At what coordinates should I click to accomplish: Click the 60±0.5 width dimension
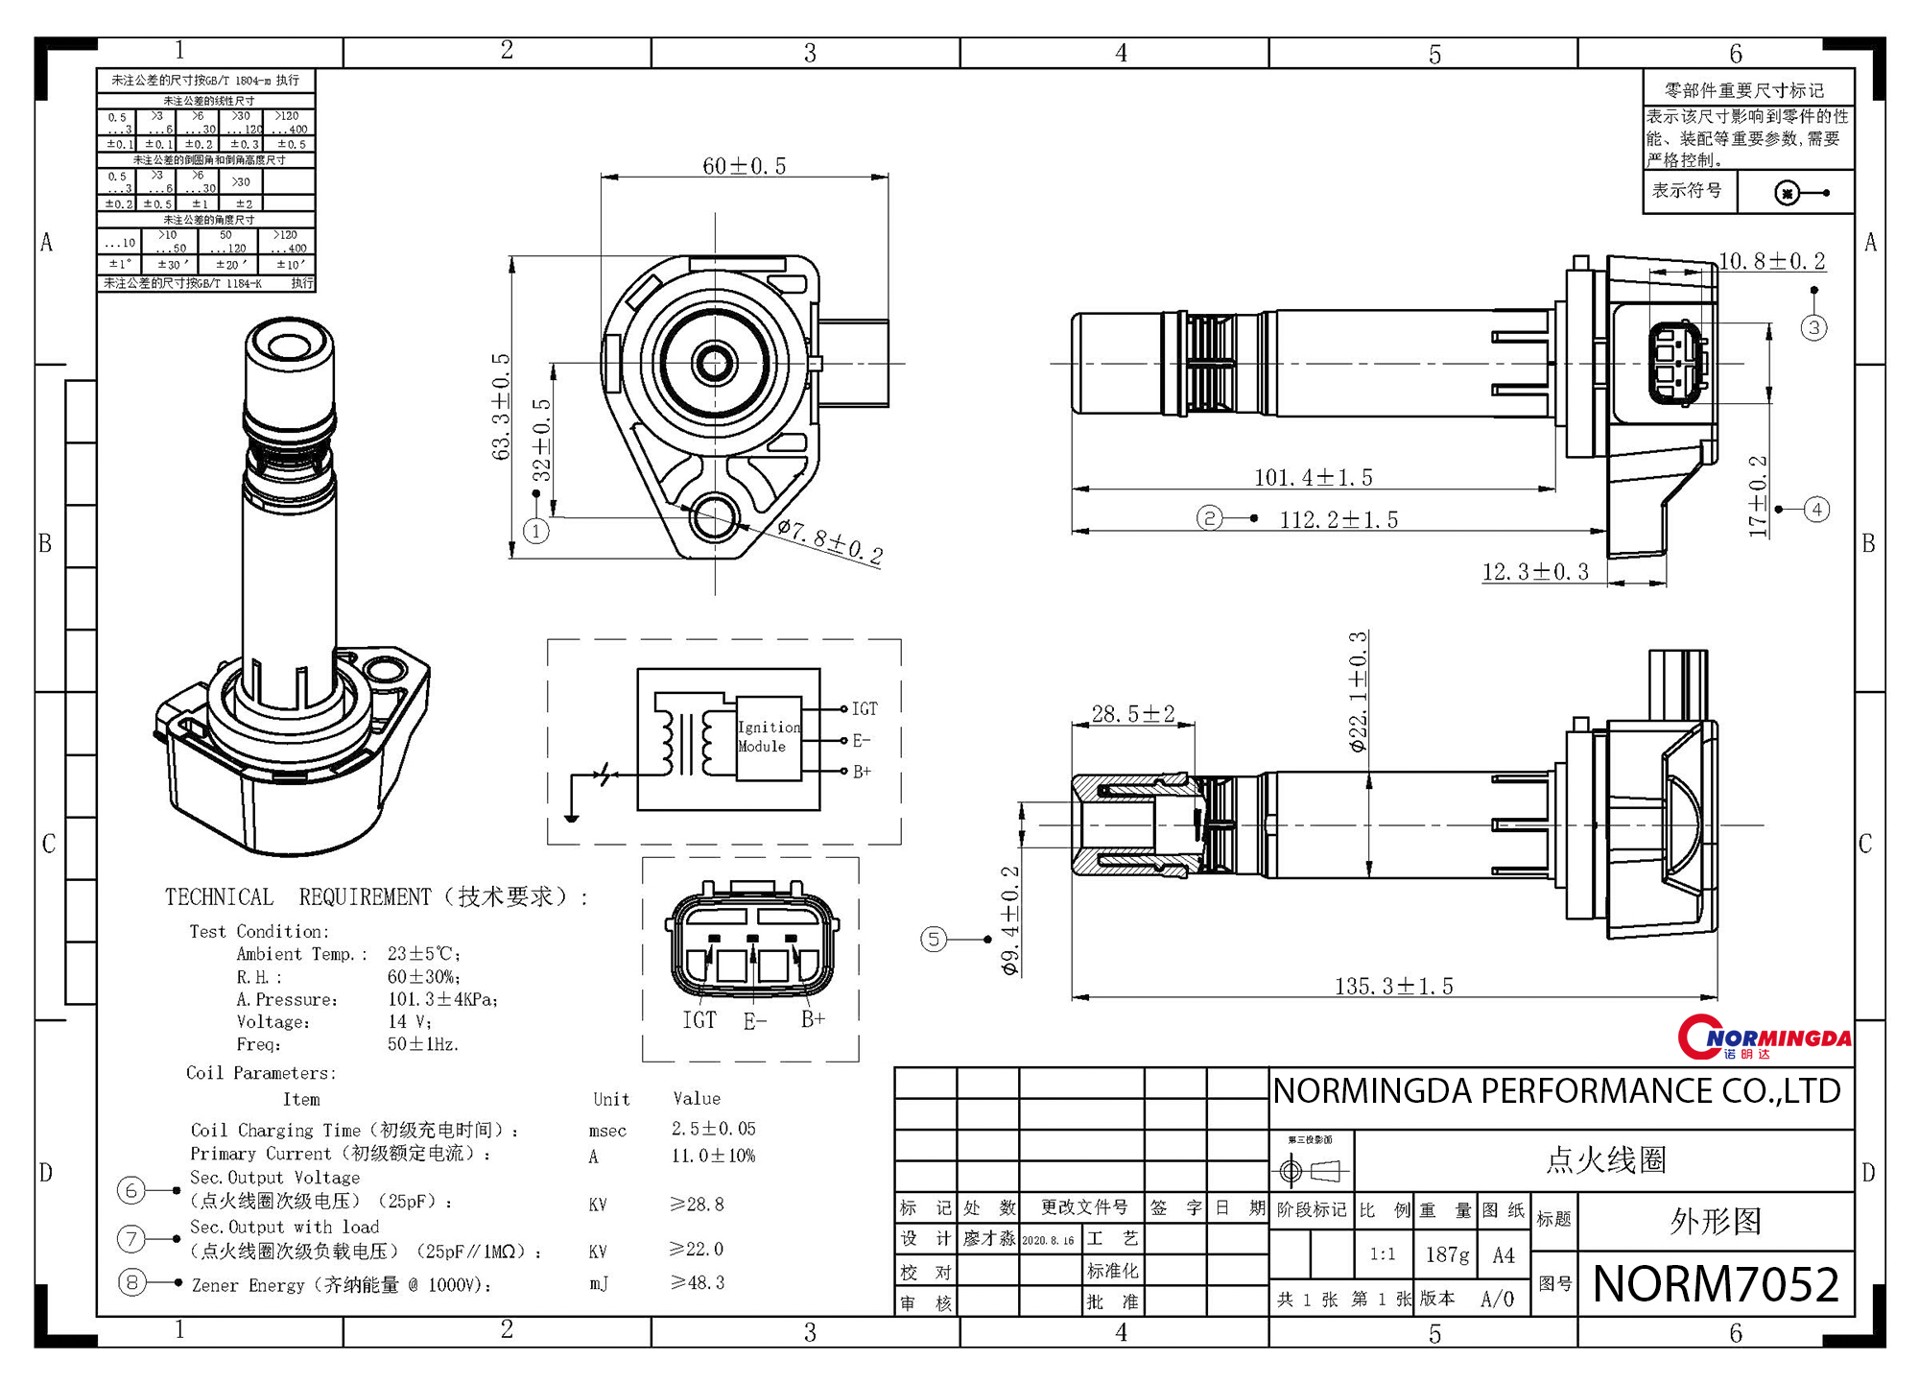(x=744, y=166)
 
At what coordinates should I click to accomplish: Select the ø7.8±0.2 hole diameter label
(x=830, y=541)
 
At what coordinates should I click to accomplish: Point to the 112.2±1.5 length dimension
(x=1339, y=520)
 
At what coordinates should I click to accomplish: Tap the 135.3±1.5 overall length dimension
(x=1393, y=986)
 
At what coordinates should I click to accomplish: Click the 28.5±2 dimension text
(x=1132, y=714)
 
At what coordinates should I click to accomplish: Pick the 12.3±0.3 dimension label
(x=1535, y=573)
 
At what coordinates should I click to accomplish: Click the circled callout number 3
(x=1813, y=328)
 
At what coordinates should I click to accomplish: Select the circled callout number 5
(x=934, y=939)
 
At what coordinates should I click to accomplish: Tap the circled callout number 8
(x=131, y=1282)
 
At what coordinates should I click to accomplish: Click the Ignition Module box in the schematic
(x=769, y=738)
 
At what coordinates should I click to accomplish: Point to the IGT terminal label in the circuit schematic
(x=865, y=709)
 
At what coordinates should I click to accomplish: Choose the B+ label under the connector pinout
(x=813, y=1019)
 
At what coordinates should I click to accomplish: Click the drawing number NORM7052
(x=1716, y=1284)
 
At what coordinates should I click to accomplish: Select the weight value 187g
(x=1447, y=1254)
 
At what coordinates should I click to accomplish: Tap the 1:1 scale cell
(x=1382, y=1254)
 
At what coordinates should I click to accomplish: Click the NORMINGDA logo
(x=1764, y=1038)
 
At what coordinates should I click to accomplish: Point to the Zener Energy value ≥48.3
(x=698, y=1282)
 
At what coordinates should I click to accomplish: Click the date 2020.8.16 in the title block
(x=1048, y=1240)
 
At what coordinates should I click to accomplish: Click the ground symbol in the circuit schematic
(x=572, y=818)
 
